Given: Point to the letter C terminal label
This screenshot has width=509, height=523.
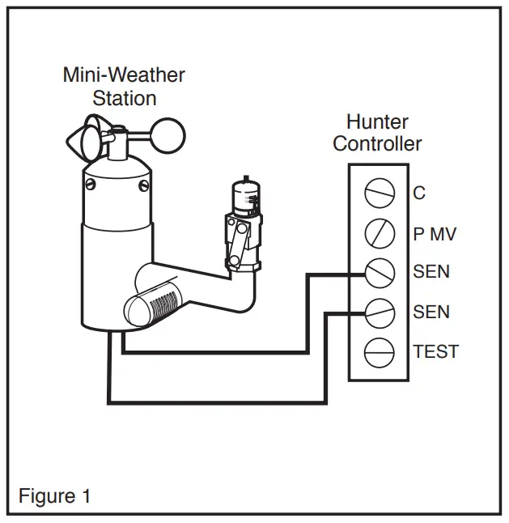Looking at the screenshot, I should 419,193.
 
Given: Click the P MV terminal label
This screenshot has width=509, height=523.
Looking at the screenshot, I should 435,234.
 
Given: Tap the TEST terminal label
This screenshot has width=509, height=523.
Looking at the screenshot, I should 435,352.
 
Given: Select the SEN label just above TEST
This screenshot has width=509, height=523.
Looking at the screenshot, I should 431,313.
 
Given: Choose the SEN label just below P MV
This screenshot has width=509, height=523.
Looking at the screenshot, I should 431,273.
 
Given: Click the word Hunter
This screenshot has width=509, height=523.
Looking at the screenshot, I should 377,123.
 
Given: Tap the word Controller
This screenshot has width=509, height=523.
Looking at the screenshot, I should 377,144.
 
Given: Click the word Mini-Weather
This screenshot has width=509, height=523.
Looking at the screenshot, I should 124,75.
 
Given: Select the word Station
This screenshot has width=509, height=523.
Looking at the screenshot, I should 124,98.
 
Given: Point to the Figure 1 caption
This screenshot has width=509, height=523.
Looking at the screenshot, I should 55,496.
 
